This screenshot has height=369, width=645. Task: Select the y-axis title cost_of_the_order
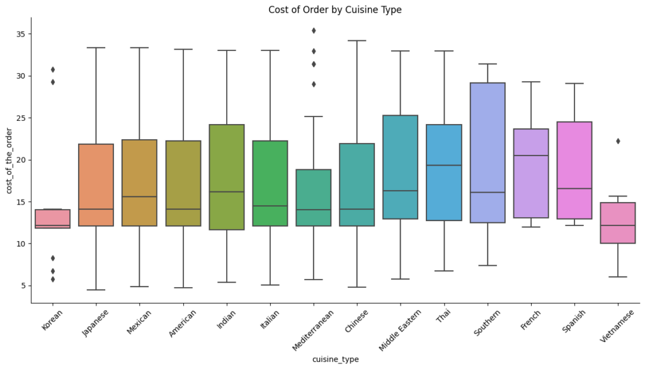click(9, 160)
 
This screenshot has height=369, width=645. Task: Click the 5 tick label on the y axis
click(22, 285)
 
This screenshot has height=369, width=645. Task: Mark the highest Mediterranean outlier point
click(313, 30)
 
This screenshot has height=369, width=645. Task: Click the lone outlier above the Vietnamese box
click(618, 141)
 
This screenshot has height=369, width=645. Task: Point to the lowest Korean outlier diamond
click(52, 279)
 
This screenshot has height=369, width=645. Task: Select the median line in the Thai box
click(444, 165)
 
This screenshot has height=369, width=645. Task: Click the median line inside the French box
click(531, 156)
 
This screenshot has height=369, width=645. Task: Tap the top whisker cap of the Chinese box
click(357, 41)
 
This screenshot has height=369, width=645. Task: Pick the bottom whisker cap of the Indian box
click(226, 282)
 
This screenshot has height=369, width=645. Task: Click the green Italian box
click(270, 183)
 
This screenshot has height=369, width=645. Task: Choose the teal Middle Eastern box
click(400, 167)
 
